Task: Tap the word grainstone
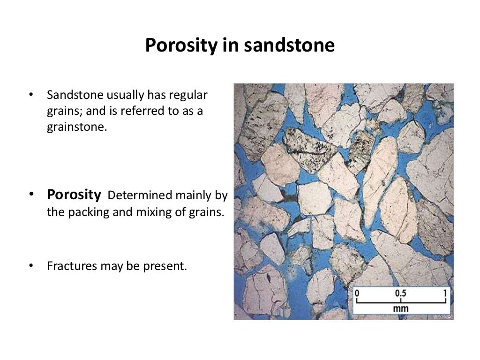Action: [x=77, y=127]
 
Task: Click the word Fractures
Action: [x=71, y=266]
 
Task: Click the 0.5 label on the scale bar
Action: [x=401, y=293]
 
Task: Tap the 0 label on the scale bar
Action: [x=357, y=293]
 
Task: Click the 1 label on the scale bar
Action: [x=445, y=293]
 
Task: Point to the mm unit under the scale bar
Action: [x=401, y=308]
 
